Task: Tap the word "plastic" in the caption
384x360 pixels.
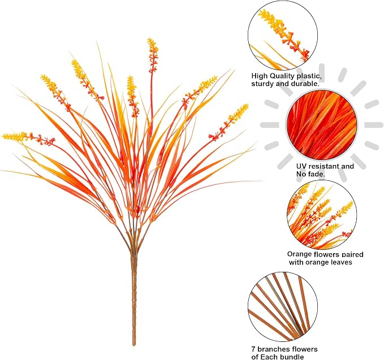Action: pos(309,76)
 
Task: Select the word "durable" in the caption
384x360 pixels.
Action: pos(305,84)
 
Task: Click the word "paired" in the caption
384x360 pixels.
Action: pos(352,254)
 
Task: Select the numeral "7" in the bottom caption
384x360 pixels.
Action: pos(253,349)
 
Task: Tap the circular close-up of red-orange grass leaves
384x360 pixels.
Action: pos(322,125)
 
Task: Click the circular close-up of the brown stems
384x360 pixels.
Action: pos(283,307)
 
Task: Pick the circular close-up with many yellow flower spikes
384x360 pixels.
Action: pos(322,215)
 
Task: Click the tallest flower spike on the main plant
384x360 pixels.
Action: pos(153,55)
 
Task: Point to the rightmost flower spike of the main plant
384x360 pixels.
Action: pos(228,122)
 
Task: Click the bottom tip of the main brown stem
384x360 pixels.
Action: pos(134,345)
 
